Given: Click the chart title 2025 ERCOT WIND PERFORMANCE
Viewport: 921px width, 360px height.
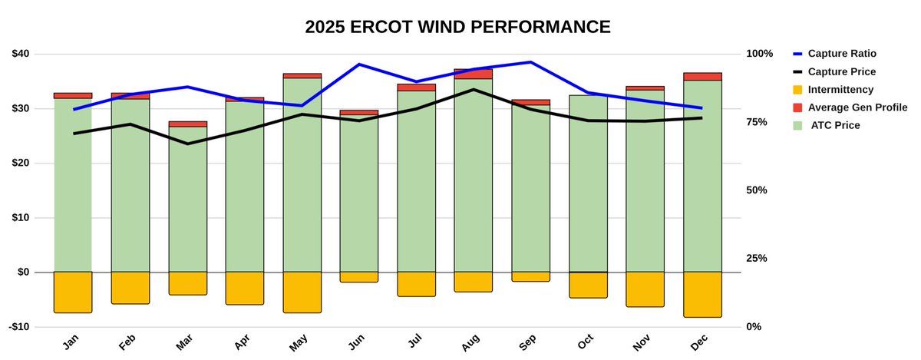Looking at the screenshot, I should pyautogui.click(x=457, y=27).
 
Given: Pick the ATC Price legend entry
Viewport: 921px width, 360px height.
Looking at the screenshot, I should pyautogui.click(x=835, y=124).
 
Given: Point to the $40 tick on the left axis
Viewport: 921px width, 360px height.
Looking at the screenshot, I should pyautogui.click(x=21, y=54).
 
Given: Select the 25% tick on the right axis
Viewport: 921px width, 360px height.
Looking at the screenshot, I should pyautogui.click(x=757, y=258).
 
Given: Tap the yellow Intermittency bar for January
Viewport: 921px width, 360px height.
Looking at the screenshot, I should pyautogui.click(x=73, y=292).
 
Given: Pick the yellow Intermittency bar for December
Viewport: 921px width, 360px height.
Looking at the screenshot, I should pyautogui.click(x=702, y=295).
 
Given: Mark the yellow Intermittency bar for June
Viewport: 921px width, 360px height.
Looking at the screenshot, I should pyautogui.click(x=358, y=277).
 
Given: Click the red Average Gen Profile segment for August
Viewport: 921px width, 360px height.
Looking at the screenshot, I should pyautogui.click(x=473, y=74).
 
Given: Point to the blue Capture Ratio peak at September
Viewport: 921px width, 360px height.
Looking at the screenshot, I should pyautogui.click(x=530, y=62).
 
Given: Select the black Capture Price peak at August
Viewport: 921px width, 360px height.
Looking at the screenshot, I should pyautogui.click(x=473, y=90).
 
